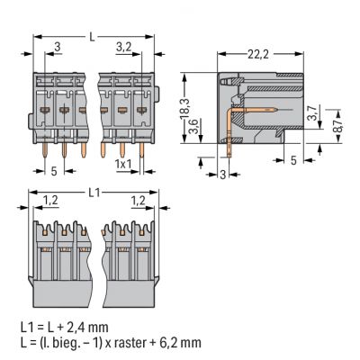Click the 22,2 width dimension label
point(258,55)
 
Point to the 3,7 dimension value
point(312,112)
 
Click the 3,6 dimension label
point(193,126)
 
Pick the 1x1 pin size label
point(123,164)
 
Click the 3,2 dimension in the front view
point(123,47)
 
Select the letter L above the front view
point(93,37)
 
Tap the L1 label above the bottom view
point(94,193)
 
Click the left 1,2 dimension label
point(50,200)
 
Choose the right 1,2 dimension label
point(139,200)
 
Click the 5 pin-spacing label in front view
point(54,171)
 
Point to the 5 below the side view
point(293,160)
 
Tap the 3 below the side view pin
point(222,175)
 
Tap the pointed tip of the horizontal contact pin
point(276,110)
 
